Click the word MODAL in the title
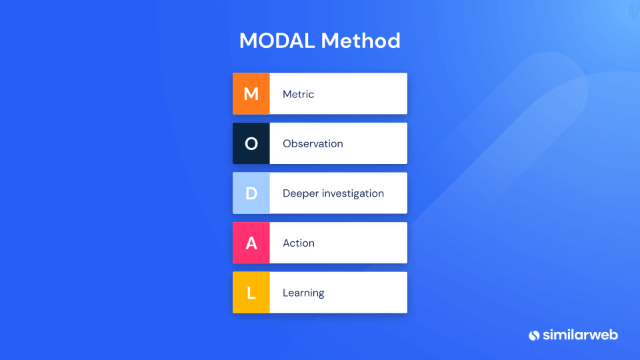(277, 41)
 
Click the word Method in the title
(361, 41)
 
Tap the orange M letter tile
(251, 93)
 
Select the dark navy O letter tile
(251, 143)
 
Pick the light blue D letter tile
(251, 193)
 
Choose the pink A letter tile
(251, 243)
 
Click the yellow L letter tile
(251, 293)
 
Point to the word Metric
(299, 94)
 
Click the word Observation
(313, 144)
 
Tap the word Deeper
(301, 194)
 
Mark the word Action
(299, 243)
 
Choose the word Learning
(303, 293)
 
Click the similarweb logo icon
(534, 335)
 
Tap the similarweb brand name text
(580, 335)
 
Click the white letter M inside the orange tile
(251, 94)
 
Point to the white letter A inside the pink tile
(251, 243)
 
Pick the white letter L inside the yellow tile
(251, 293)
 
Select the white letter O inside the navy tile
(251, 144)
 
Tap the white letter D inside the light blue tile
(251, 193)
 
